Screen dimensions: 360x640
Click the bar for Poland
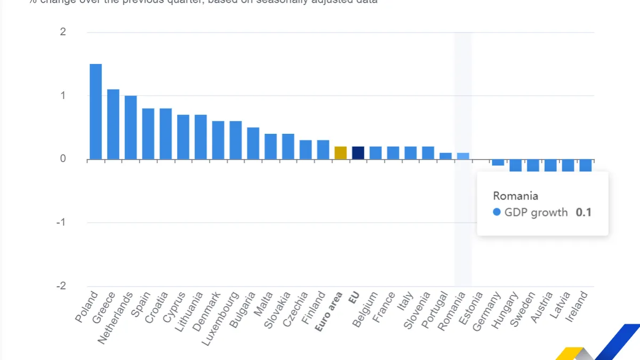point(96,111)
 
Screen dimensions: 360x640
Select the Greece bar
point(113,124)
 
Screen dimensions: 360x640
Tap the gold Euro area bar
point(341,153)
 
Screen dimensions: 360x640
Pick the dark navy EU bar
point(358,153)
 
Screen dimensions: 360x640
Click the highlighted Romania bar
point(463,156)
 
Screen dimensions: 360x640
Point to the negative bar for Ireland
point(586,165)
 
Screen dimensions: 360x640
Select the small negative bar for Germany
point(498,162)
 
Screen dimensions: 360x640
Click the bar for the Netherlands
point(131,127)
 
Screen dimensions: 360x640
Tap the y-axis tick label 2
point(63,32)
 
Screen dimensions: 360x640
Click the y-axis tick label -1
point(61,222)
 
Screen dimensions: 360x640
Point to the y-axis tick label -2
point(61,286)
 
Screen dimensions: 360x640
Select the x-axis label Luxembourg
point(220,318)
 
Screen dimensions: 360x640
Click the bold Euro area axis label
point(329,311)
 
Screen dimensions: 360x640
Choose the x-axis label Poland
point(87,307)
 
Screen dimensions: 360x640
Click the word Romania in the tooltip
point(515,196)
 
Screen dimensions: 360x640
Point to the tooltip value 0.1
point(583,212)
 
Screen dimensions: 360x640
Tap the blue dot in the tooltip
point(497,212)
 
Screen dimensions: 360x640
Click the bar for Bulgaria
point(253,143)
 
